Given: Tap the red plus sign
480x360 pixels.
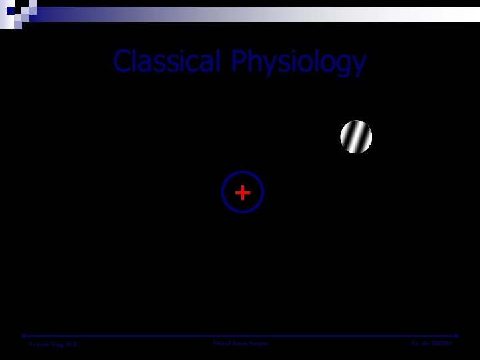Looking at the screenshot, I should [243, 193].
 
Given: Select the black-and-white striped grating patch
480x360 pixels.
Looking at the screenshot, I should [356, 137].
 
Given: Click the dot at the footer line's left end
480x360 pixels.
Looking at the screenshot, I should [24, 335].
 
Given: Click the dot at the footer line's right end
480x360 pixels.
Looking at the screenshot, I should [457, 335].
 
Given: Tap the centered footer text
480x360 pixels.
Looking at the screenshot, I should [240, 343].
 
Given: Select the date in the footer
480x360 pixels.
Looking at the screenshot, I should [431, 344].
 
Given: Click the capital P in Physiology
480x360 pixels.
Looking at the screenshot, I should [239, 62].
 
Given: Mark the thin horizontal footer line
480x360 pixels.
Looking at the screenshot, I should [240, 335].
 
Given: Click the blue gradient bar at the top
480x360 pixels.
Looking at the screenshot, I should [200, 14].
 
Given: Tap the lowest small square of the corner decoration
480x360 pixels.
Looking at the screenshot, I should [19, 25].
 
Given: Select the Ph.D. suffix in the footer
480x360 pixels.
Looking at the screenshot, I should [71, 344].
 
